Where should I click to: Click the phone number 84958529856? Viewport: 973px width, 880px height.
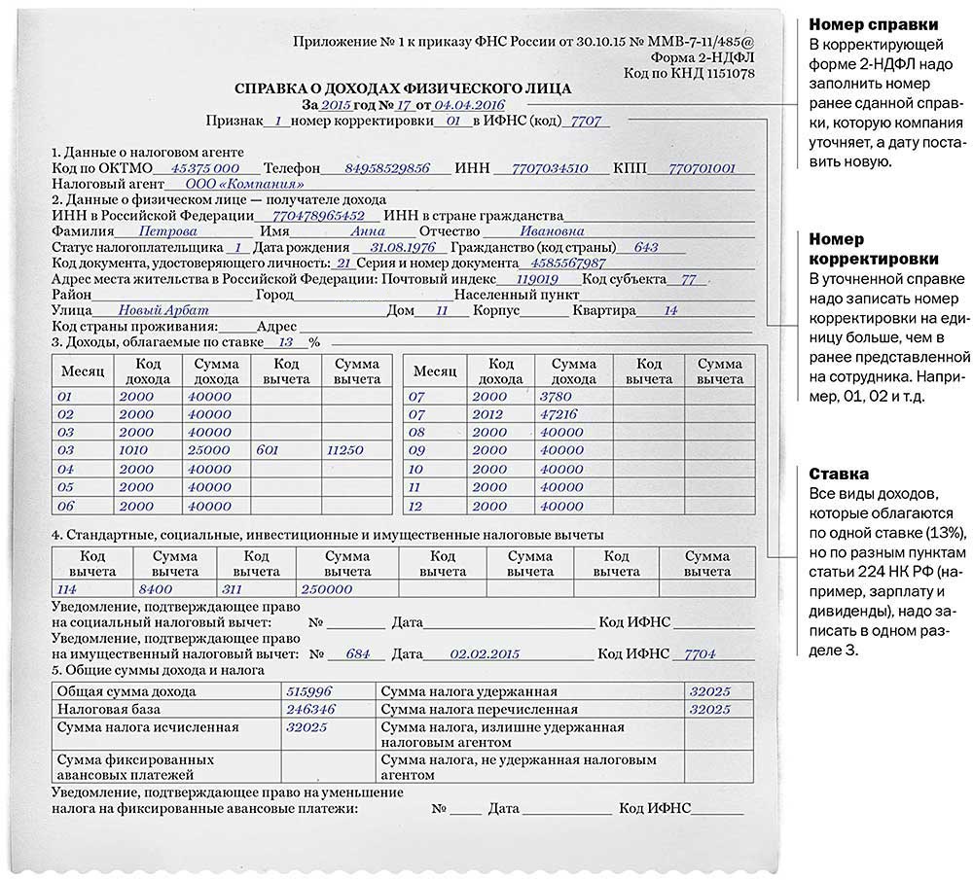click(x=387, y=167)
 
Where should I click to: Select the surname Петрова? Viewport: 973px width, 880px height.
click(x=167, y=231)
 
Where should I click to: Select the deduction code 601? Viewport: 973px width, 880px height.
click(x=269, y=450)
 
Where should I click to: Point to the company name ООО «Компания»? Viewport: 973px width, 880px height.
click(x=237, y=183)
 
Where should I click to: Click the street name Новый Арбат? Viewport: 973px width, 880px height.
click(x=154, y=310)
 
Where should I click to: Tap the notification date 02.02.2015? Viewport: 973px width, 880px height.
click(x=471, y=653)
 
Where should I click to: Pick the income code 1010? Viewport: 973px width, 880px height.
click(x=136, y=450)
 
